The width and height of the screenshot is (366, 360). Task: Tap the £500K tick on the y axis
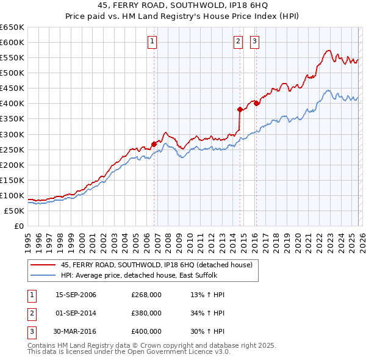(x=12, y=73)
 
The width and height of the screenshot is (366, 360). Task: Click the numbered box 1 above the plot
(x=151, y=41)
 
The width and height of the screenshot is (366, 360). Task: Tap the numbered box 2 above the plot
(x=237, y=41)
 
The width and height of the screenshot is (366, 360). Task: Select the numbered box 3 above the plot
(x=254, y=41)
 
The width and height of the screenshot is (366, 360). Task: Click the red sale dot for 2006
(x=154, y=144)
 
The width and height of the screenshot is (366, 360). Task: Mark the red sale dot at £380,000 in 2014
(x=240, y=110)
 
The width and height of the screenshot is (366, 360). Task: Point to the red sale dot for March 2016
(x=257, y=103)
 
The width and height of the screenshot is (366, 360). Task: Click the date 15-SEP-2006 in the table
(x=76, y=295)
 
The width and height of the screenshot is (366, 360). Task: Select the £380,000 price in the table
(x=146, y=313)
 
